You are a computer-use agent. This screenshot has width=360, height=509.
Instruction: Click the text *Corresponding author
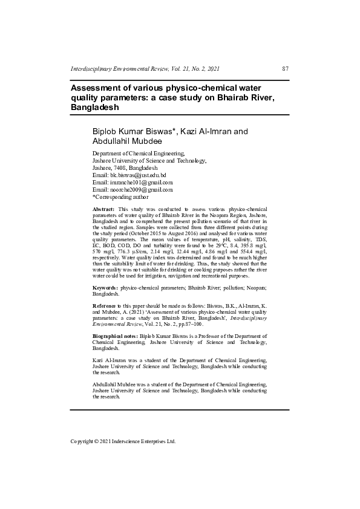pyautogui.click(x=120, y=196)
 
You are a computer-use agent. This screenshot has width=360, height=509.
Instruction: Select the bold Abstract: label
pyautogui.click(x=103, y=209)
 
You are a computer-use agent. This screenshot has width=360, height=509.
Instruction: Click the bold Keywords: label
pyautogui.click(x=105, y=287)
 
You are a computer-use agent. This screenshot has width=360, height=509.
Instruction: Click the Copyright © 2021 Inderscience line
pyautogui.click(x=123, y=441)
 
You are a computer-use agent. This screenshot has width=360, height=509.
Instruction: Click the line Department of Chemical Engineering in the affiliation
pyautogui.click(x=138, y=154)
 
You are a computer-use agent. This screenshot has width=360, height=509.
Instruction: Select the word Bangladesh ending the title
pyautogui.click(x=94, y=107)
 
